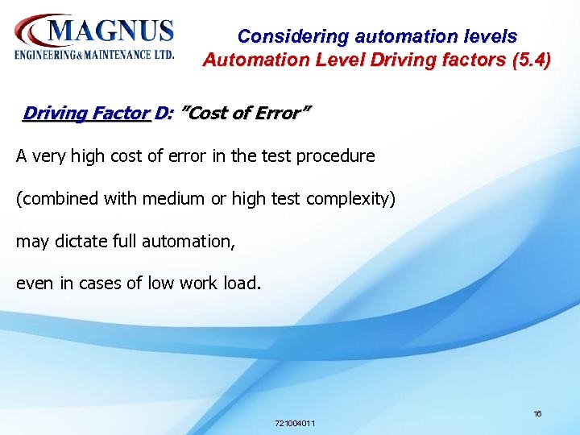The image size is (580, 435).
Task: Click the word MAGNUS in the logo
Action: pyautogui.click(x=111, y=32)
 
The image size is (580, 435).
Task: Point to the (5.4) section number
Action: pyautogui.click(x=531, y=60)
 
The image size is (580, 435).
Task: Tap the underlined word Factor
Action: pyautogui.click(x=120, y=114)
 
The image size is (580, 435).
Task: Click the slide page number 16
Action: pyautogui.click(x=537, y=414)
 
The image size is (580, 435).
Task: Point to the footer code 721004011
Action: pyautogui.click(x=295, y=424)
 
